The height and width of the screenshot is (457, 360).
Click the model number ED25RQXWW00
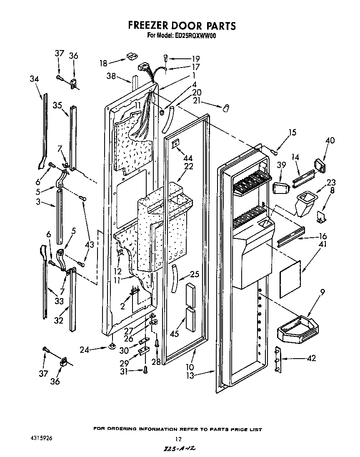point(194,36)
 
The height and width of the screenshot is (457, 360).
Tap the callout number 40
point(330,141)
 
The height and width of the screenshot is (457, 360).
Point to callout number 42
point(311,358)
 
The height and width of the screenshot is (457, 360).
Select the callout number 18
point(103,63)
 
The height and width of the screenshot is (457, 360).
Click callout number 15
point(292,133)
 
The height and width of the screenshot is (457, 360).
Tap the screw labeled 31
point(145,369)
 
